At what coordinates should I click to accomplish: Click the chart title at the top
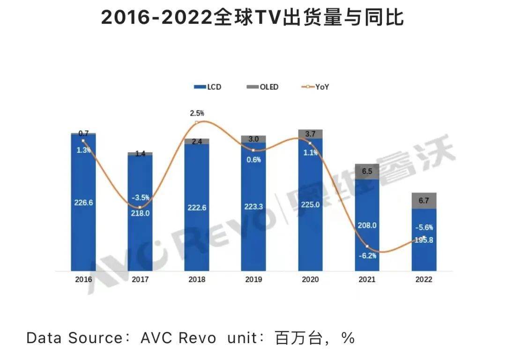click(253, 18)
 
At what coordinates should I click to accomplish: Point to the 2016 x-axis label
click(83, 279)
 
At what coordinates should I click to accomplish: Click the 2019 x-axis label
click(253, 279)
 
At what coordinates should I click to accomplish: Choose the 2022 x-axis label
click(424, 279)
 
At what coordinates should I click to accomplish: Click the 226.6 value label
click(83, 203)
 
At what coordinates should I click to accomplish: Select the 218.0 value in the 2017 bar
click(140, 212)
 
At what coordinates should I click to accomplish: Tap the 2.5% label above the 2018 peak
click(197, 113)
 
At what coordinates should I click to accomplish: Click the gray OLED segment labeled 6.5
click(367, 172)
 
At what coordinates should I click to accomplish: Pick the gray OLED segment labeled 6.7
click(424, 201)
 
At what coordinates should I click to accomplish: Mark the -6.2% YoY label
click(367, 255)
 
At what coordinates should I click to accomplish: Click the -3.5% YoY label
click(140, 197)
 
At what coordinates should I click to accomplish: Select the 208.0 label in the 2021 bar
click(367, 225)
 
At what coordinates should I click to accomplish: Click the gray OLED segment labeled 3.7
click(310, 134)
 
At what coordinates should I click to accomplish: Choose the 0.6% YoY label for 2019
click(253, 159)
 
